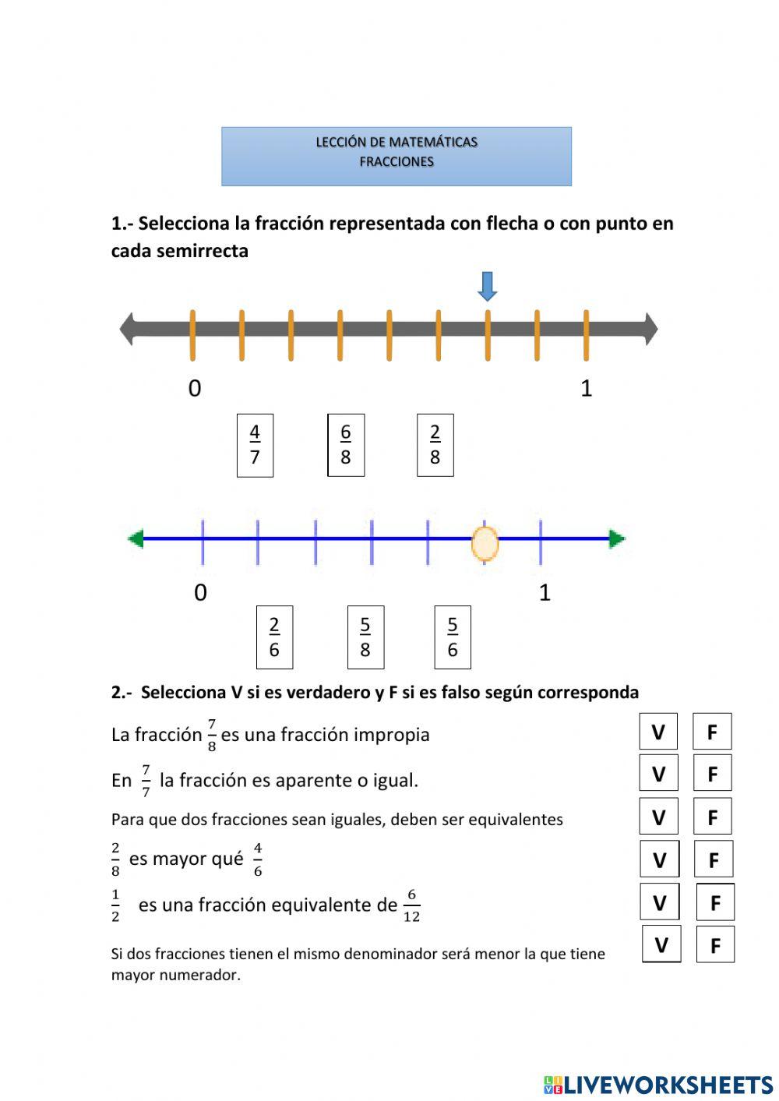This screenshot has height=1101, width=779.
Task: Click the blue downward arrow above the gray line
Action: click(x=488, y=286)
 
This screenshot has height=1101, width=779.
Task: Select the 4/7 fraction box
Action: click(x=255, y=445)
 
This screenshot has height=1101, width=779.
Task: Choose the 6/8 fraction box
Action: click(x=346, y=445)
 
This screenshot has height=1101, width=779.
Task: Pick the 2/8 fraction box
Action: click(x=435, y=445)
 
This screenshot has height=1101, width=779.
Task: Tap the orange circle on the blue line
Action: click(x=485, y=543)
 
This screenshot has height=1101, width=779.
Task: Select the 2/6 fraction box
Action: click(x=274, y=637)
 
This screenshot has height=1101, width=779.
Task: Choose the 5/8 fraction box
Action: click(x=365, y=637)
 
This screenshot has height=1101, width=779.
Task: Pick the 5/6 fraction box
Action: click(x=453, y=637)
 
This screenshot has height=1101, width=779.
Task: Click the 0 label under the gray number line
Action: click(x=195, y=388)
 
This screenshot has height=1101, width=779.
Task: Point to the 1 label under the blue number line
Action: click(x=545, y=593)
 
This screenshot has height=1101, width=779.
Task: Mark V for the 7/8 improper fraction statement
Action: click(x=658, y=732)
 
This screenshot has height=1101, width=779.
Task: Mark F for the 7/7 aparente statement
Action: click(x=712, y=774)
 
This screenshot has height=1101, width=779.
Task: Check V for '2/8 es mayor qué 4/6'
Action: click(x=659, y=859)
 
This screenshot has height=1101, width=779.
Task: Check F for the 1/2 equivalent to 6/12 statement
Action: click(x=715, y=902)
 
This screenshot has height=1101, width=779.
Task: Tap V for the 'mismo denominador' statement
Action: click(x=661, y=944)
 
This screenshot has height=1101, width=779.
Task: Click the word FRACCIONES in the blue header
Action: click(x=397, y=162)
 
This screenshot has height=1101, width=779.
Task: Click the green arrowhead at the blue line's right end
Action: click(x=617, y=538)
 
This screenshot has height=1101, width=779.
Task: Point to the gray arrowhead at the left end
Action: click(x=127, y=329)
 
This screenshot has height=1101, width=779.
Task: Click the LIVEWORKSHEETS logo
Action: click(x=658, y=1084)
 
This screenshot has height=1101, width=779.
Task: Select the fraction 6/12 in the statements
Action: click(x=411, y=906)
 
